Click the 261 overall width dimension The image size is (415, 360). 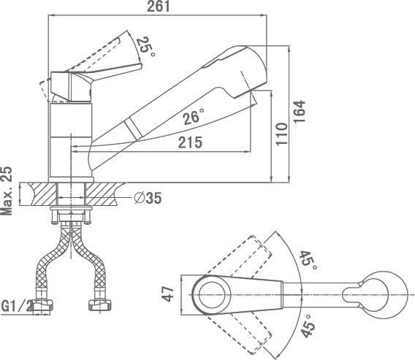coord(158,7)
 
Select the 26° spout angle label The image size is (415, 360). coord(194,117)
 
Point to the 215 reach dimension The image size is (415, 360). coord(190,142)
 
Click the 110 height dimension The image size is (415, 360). coord(281,134)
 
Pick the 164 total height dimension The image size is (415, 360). coord(299,112)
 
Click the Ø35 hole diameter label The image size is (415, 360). coord(148,198)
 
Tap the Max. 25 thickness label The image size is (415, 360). coord(7,191)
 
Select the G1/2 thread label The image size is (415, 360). coord(17,306)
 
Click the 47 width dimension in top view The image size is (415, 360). coord(168,294)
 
